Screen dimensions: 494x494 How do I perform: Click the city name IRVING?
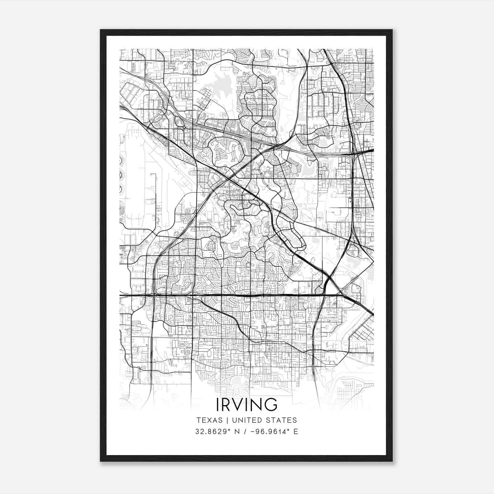point(247,405)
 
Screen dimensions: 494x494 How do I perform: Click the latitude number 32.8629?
point(208,432)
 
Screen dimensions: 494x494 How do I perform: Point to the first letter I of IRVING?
point(218,405)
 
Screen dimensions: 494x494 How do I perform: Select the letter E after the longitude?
point(296,432)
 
